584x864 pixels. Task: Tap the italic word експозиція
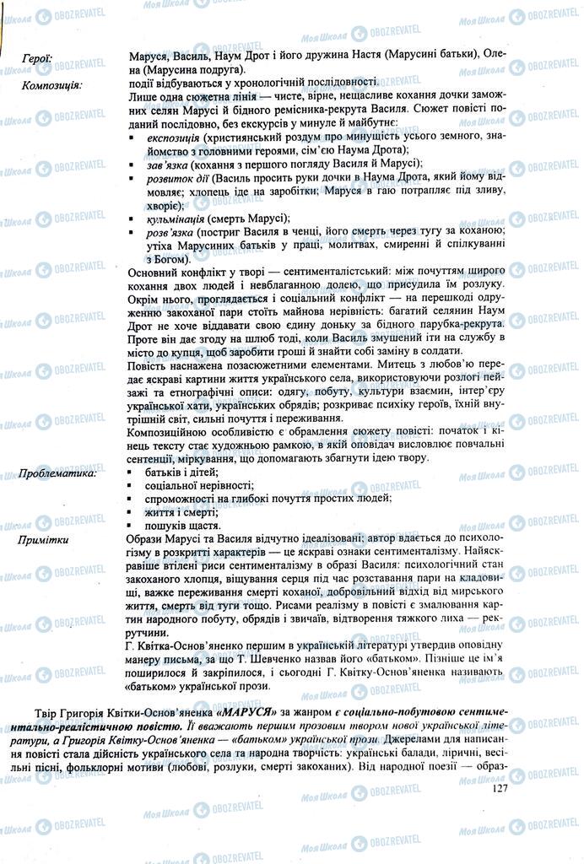pyautogui.click(x=173, y=137)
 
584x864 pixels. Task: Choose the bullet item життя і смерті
pyautogui.click(x=172, y=513)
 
